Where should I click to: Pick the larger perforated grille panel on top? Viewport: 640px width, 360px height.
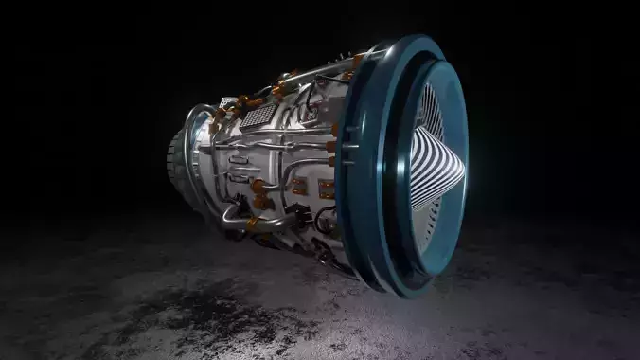click(x=256, y=117)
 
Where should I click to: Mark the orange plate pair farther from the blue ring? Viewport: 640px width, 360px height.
click(x=298, y=186)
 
